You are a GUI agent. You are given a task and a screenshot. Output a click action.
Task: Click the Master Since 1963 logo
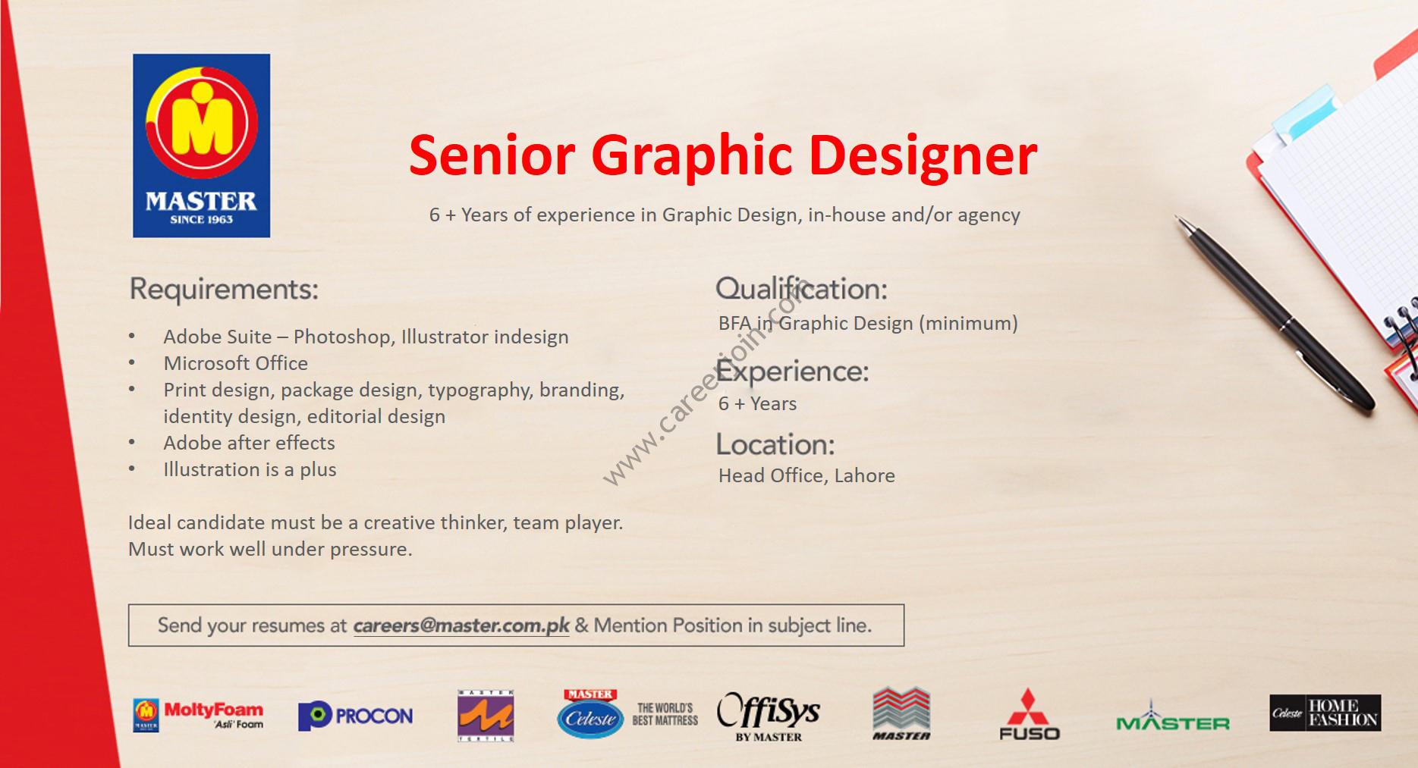[201, 146]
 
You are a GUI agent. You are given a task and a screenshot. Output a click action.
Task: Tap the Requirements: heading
[224, 290]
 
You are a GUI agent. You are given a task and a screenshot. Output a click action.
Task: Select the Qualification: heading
[801, 289]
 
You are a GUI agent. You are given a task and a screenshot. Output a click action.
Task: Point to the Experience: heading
[792, 371]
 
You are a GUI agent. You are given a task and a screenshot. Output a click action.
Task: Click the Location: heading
[775, 444]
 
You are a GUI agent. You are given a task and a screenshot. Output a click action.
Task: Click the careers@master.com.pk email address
[461, 626]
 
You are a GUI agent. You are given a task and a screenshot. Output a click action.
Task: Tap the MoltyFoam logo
[199, 715]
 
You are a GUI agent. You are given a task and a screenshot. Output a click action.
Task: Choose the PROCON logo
[356, 716]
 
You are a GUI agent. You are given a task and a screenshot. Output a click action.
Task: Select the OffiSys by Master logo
[769, 716]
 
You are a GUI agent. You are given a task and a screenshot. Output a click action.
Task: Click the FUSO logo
[1029, 714]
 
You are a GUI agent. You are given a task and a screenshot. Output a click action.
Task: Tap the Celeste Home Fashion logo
[1325, 713]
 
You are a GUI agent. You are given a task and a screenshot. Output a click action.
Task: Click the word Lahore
[865, 476]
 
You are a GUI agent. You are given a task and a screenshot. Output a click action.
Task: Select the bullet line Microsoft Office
[236, 364]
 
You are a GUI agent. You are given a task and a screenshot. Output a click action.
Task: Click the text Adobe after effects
[249, 444]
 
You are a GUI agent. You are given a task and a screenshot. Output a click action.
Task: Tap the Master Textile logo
[486, 716]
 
